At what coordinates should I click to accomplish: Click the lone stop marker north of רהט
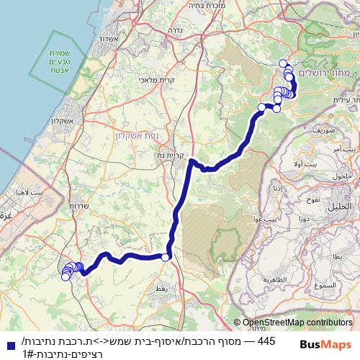pyautogui.click(x=166, y=257)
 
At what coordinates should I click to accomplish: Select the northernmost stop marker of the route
pyautogui.click(x=283, y=63)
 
